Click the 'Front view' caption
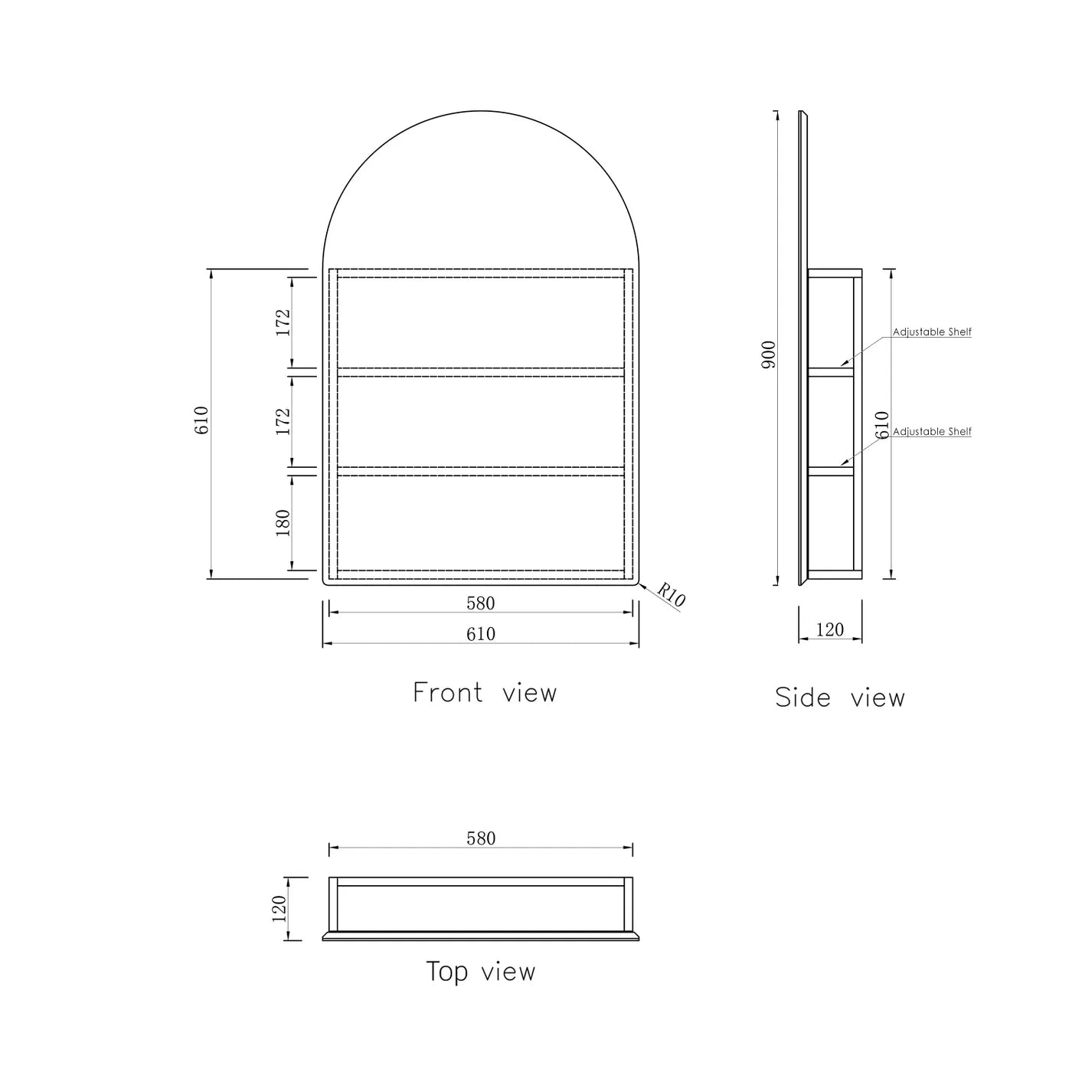tap(484, 693)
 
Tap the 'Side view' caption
tap(839, 698)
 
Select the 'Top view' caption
tap(481, 972)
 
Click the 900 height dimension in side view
tap(768, 355)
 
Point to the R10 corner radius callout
tap(671, 595)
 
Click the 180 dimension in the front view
tap(283, 523)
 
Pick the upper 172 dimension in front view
tap(283, 322)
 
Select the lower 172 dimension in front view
tap(283, 422)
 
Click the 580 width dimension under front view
tap(481, 603)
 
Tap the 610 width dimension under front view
tap(481, 634)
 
